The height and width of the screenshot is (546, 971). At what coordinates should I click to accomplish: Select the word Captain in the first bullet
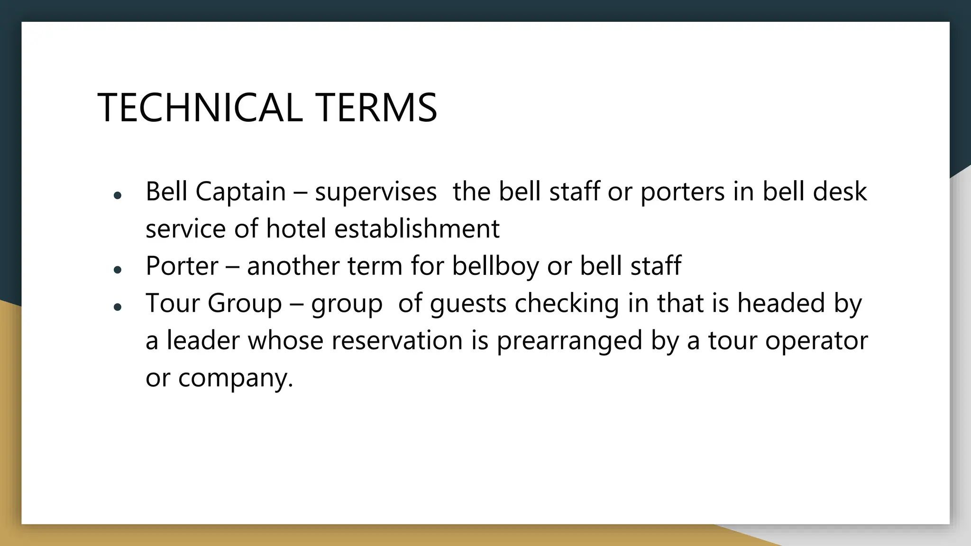[240, 192]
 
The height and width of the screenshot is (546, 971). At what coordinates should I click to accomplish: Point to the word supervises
[376, 192]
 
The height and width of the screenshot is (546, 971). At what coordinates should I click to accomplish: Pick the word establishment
[417, 229]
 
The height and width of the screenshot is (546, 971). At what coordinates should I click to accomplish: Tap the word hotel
[296, 229]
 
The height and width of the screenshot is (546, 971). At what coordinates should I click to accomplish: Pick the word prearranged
[569, 340]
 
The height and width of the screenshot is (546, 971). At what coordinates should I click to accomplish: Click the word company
[236, 378]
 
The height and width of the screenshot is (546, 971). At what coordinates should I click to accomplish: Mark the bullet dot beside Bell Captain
[118, 195]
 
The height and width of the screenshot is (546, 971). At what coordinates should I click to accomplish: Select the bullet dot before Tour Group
[118, 307]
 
